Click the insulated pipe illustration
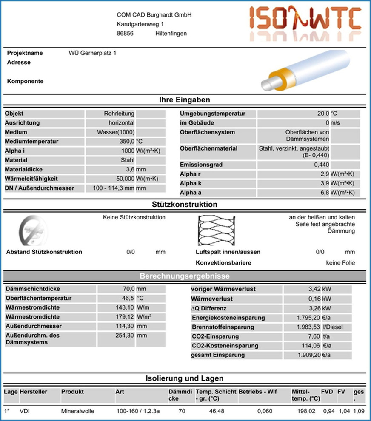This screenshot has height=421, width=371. point(305,70)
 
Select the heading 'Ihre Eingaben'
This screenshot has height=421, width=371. point(185,100)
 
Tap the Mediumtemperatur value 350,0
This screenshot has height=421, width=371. point(127,142)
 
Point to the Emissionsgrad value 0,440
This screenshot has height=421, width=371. point(322,165)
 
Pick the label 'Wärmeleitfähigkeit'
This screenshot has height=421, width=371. point(31,179)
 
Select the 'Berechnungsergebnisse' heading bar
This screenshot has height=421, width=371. point(185,276)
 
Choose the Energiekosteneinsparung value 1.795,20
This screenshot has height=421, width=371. point(308,318)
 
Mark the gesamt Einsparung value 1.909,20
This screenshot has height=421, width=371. point(308,355)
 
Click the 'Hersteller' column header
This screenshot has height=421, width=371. point(34,392)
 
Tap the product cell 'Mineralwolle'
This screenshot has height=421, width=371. point(78,411)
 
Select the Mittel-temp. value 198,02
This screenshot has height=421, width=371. point(306,411)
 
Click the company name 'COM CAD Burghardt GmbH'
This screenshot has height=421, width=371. point(154,15)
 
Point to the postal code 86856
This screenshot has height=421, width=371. point(125,34)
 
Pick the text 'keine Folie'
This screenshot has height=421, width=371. point(340,263)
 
